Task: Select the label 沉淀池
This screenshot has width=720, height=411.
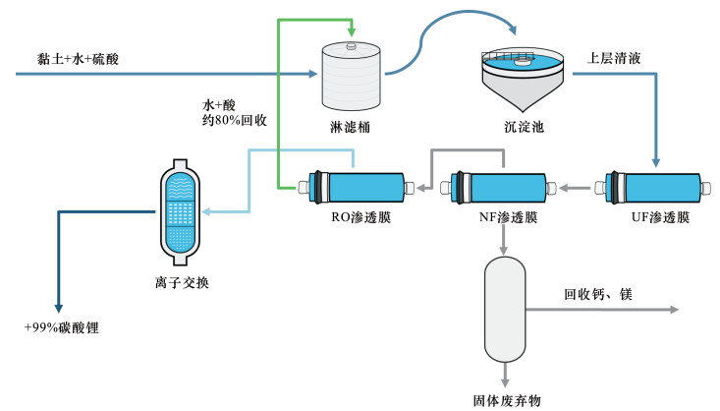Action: coord(522,127)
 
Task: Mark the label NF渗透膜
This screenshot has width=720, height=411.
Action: coord(501,217)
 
